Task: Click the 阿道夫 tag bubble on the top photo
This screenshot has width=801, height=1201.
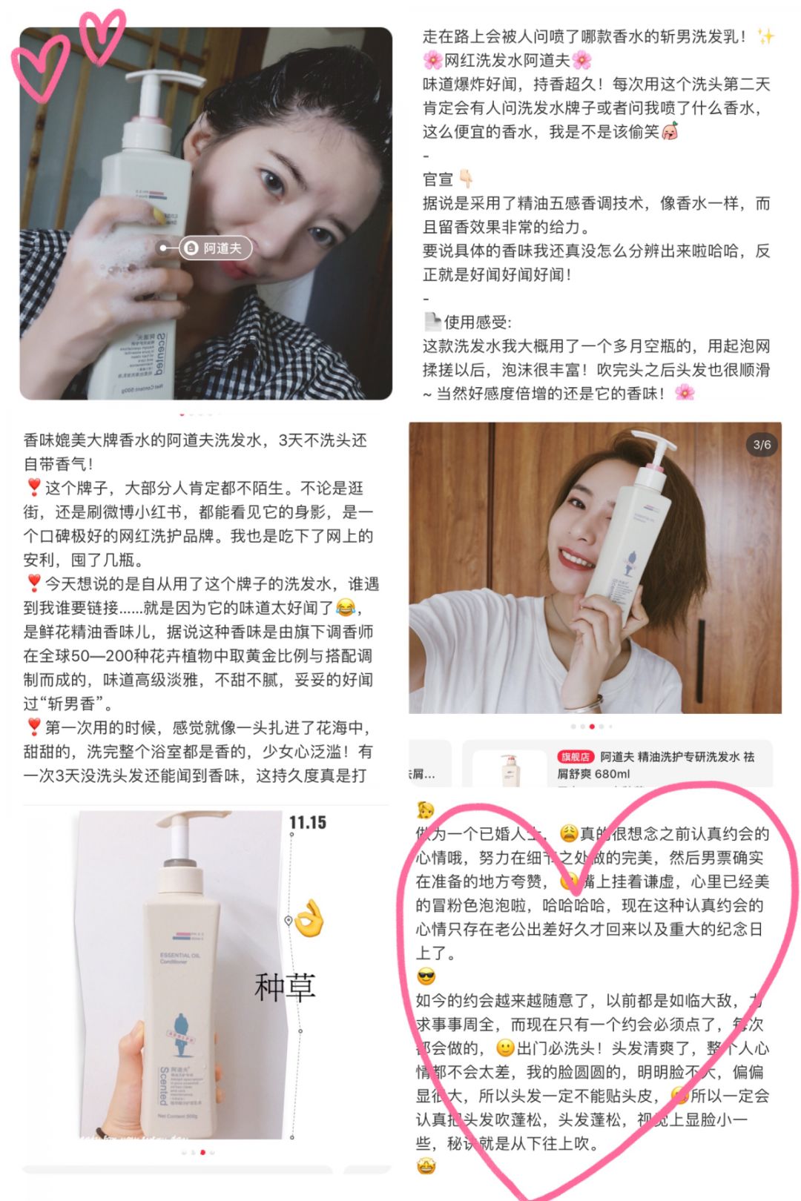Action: click(215, 248)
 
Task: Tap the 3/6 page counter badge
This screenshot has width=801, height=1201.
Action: click(762, 445)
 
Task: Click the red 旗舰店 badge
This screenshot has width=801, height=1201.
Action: click(576, 757)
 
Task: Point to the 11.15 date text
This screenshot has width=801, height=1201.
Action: click(308, 822)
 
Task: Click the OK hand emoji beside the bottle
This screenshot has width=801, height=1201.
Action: click(310, 919)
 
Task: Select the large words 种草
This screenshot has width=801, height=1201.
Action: click(285, 987)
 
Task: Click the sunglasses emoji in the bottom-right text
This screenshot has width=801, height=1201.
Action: click(426, 976)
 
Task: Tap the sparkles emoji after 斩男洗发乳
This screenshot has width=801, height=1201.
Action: click(765, 36)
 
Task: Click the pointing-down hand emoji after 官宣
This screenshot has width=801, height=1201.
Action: click(466, 179)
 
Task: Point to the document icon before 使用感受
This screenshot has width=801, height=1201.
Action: click(432, 322)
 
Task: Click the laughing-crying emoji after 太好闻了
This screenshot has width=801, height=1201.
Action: click(346, 608)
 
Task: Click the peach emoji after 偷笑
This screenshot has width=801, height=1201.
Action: click(670, 132)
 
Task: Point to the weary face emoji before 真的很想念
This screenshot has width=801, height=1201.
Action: click(568, 833)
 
